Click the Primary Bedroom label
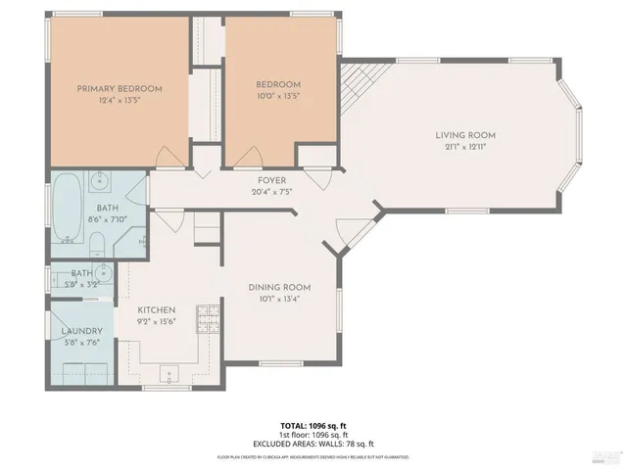pos(120,88)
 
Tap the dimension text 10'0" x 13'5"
pos(278,97)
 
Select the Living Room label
pos(465,134)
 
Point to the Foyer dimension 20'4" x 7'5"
pos(271,192)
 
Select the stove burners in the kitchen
pos(210,316)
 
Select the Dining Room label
pos(279,287)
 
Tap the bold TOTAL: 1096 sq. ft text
pos(313,425)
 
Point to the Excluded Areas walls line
pos(313,444)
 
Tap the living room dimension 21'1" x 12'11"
pos(465,146)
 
